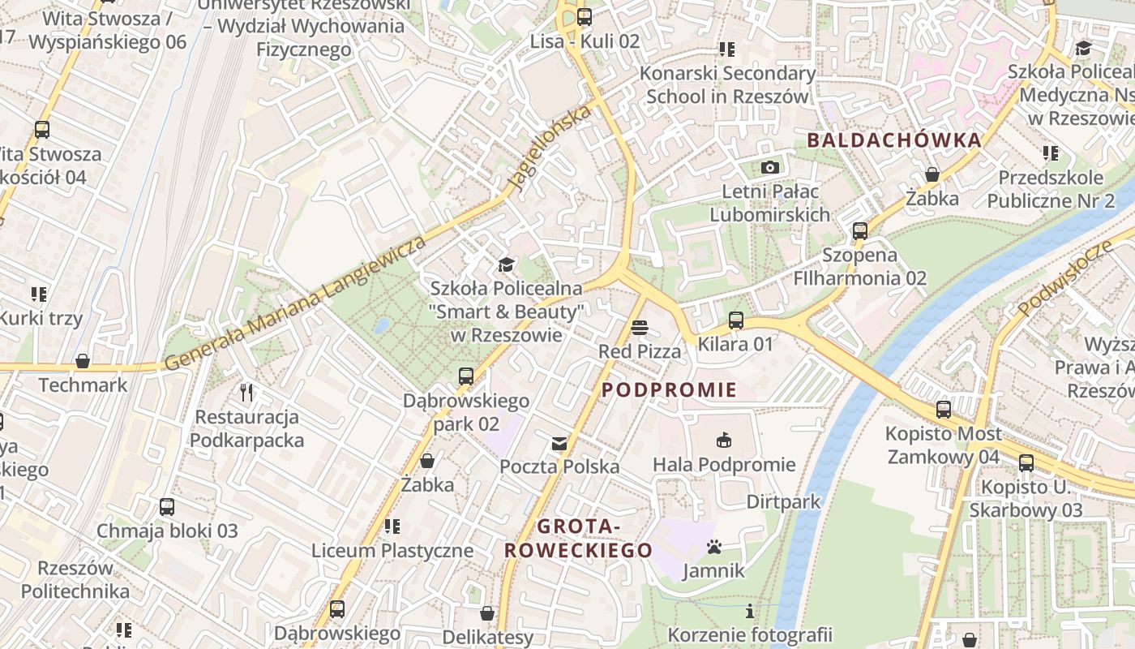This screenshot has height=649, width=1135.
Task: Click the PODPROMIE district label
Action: click(x=670, y=390)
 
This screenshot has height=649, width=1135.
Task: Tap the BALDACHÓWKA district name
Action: click(x=894, y=140)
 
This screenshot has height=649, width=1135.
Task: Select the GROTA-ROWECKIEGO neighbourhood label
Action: click(x=578, y=539)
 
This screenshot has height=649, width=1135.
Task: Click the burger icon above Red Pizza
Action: click(x=640, y=328)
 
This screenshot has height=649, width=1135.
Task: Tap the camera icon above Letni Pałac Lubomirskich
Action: click(x=770, y=168)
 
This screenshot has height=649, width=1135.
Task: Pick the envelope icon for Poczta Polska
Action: click(x=559, y=443)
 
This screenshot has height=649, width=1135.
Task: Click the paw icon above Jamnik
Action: click(x=713, y=547)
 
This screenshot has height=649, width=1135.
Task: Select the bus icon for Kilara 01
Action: click(x=736, y=320)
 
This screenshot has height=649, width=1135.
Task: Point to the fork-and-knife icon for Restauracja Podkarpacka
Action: click(x=247, y=393)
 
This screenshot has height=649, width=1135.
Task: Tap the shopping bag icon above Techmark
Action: click(x=83, y=361)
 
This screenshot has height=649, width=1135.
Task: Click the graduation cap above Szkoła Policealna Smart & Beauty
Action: click(x=506, y=264)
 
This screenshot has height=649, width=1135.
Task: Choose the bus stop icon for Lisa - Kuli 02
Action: click(x=585, y=17)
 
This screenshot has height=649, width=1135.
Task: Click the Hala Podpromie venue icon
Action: click(x=724, y=441)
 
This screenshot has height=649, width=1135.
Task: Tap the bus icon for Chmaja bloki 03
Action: click(x=167, y=507)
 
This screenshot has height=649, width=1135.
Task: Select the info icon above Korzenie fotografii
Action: click(x=750, y=611)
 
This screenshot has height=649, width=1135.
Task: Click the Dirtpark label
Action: click(x=783, y=501)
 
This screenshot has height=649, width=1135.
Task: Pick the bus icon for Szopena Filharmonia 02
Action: click(x=860, y=231)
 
